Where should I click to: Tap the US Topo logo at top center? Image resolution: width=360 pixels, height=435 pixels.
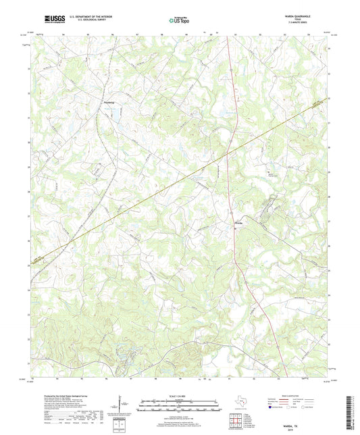click(177, 20)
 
